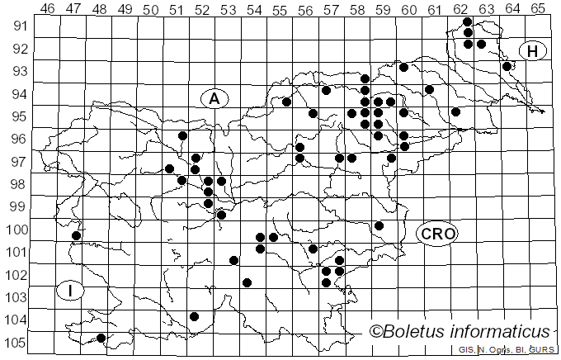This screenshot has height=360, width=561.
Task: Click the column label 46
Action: pos(47,8)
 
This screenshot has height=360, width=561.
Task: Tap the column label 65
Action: pos(538,8)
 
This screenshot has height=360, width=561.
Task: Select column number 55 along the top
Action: pos(280,8)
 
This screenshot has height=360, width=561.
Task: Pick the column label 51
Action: pos(176,8)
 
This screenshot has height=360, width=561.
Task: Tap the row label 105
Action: pos(16,343)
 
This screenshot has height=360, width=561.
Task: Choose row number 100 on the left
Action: pos(16,229)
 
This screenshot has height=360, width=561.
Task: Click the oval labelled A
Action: pos(214,99)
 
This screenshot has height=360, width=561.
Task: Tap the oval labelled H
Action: pos(533,51)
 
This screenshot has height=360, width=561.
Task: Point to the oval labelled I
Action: pos(72,290)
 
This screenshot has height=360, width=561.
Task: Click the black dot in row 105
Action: pos(101,338)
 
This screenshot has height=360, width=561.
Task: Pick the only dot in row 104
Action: pos(195,316)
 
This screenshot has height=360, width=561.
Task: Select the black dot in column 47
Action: pos(76,235)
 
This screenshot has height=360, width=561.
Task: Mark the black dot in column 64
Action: pos(507,66)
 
